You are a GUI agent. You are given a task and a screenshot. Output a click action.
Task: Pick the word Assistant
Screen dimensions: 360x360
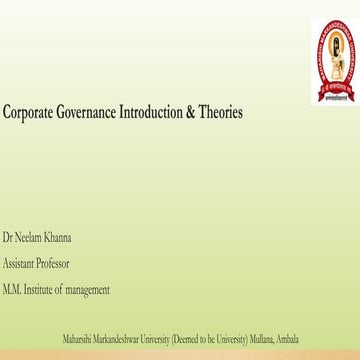[21, 264]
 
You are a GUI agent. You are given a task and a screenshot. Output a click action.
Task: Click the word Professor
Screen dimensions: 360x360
[57, 264]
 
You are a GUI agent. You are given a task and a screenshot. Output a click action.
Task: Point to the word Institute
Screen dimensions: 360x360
[47, 290]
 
